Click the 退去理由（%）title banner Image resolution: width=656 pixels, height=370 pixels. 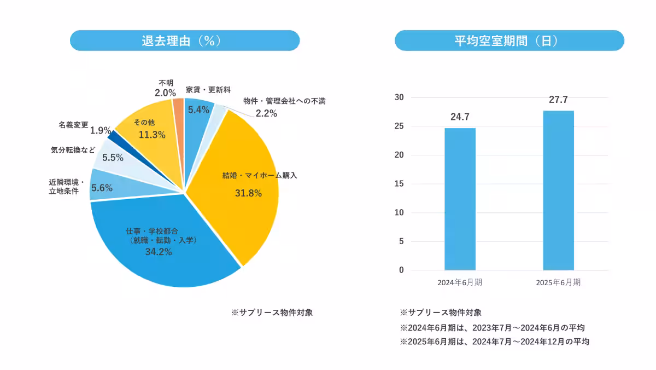click(x=185, y=41)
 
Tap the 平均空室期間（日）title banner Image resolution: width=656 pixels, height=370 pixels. click(x=509, y=41)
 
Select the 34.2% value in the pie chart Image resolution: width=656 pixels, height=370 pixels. click(x=159, y=252)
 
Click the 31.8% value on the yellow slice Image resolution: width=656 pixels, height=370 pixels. click(x=248, y=193)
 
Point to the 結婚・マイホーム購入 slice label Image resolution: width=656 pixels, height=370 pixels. click(x=260, y=176)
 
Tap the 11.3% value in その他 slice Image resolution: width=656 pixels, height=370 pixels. click(x=152, y=135)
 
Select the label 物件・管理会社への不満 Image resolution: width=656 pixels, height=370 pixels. click(x=284, y=101)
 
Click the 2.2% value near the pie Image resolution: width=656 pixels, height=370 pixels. click(x=266, y=114)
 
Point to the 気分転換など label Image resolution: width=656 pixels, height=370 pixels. click(x=72, y=149)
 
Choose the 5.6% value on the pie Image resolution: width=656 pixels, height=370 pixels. click(x=102, y=188)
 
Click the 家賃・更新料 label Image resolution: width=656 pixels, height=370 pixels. click(x=208, y=89)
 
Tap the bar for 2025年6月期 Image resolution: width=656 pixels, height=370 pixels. click(x=558, y=190)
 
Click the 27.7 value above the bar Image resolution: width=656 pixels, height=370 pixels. click(x=558, y=100)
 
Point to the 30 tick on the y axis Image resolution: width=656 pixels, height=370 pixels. click(x=399, y=97)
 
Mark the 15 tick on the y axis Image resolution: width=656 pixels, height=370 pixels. click(x=399, y=184)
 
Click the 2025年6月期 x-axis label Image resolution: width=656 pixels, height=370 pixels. click(x=558, y=283)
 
